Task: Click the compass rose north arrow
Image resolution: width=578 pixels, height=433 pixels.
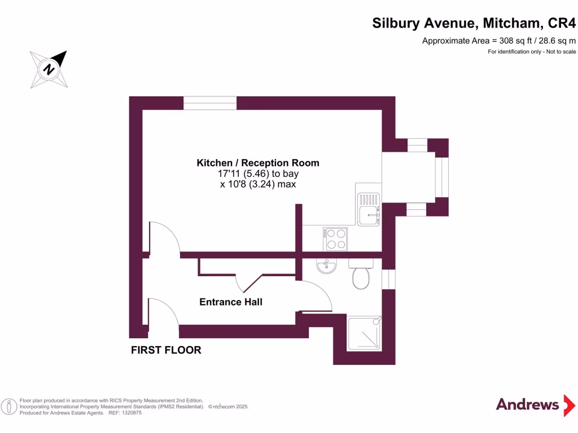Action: tap(49, 69)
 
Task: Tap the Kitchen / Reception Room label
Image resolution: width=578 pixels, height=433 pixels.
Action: tap(258, 163)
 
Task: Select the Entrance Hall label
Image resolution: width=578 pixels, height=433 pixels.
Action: tap(231, 302)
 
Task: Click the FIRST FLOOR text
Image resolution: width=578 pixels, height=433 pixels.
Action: tap(166, 350)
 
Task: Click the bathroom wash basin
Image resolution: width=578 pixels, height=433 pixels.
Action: tap(326, 266)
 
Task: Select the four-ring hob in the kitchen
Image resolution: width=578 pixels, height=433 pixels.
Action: tap(335, 239)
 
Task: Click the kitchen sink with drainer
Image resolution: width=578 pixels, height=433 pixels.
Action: tap(368, 208)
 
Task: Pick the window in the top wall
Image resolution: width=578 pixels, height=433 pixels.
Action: tap(210, 103)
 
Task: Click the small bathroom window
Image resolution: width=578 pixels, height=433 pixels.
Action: tap(388, 279)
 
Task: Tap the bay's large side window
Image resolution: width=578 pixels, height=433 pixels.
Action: tap(442, 177)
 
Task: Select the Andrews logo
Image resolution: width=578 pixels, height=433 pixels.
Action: tap(527, 405)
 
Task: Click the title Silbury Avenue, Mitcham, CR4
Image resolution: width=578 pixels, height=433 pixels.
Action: tap(474, 23)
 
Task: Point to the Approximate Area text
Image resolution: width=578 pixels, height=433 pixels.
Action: tap(499, 41)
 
